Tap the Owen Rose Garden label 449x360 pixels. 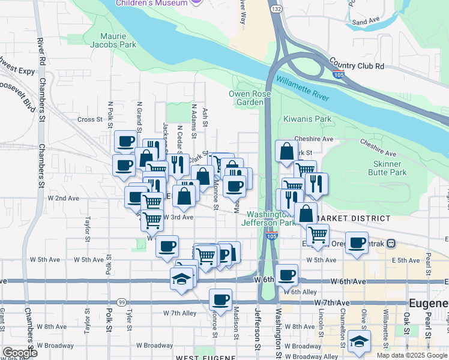pyautogui.click(x=246, y=98)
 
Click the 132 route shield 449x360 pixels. pyautogui.click(x=276, y=10)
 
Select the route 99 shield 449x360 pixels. pyautogui.click(x=122, y=301)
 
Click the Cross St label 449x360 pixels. pyautogui.click(x=91, y=119)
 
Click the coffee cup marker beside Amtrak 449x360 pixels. pyautogui.click(x=357, y=244)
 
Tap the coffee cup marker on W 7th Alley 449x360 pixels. pyautogui.click(x=220, y=300)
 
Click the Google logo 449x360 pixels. pyautogui.click(x=19, y=353)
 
